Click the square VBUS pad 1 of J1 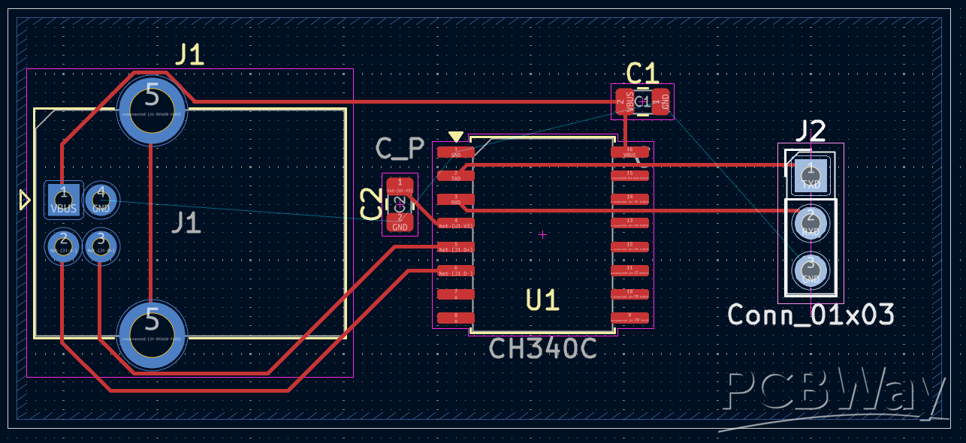coord(64,200)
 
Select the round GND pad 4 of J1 coord(101,200)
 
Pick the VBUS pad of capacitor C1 coord(623,102)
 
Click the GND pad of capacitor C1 coord(661,102)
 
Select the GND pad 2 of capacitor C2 coord(400,221)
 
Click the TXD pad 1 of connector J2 coord(811,175)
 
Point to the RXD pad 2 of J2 coord(811,223)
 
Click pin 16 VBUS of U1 coord(629,152)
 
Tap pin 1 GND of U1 coord(456,152)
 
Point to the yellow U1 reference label coord(542,300)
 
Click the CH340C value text coord(542,348)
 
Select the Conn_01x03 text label coord(811,315)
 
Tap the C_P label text coord(400,149)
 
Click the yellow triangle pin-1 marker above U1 coord(456,137)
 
